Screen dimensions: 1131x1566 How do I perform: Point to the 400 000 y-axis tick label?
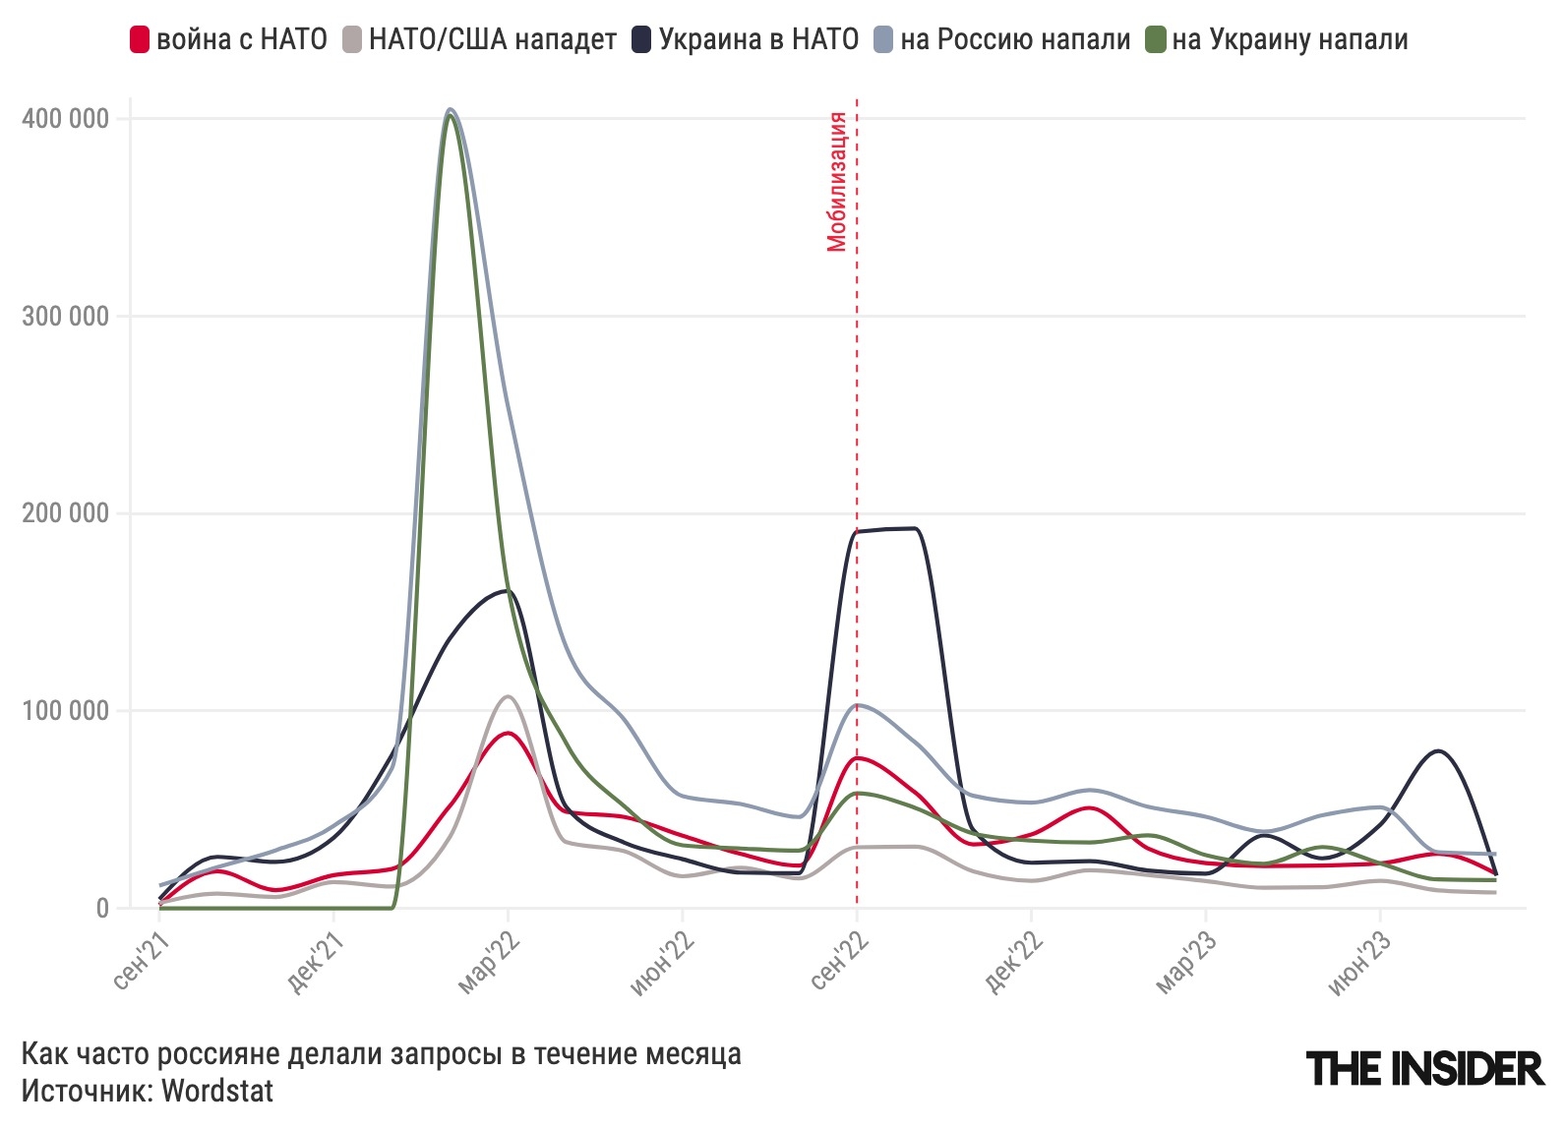click(65, 119)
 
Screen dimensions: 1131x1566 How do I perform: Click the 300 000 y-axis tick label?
click(65, 317)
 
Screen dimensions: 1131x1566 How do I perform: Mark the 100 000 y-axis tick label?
click(65, 711)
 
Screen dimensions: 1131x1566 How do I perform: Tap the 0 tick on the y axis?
click(102, 909)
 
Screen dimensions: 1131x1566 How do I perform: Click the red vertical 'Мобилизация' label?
click(837, 182)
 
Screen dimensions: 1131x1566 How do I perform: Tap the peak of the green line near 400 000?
click(450, 116)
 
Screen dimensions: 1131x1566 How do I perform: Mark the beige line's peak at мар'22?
click(508, 697)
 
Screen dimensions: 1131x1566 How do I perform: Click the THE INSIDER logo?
click(1424, 1068)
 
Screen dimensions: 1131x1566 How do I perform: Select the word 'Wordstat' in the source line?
click(217, 1091)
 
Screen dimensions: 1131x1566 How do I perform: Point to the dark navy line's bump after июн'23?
click(1439, 751)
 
